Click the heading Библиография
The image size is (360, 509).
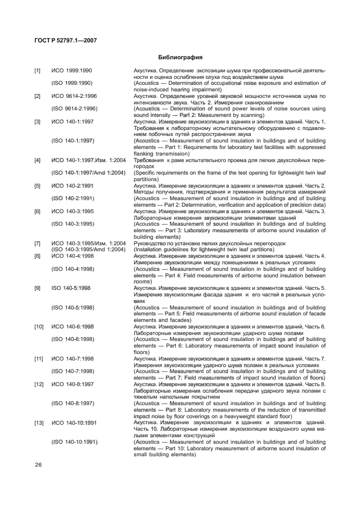180,57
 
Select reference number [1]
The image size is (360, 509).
38,71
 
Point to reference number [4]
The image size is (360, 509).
38,160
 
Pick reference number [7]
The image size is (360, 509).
38,243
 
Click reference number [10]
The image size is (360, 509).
39,326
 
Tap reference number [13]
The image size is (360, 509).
39,422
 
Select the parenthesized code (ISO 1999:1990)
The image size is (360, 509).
72,83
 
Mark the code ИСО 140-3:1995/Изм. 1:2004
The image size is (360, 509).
89,243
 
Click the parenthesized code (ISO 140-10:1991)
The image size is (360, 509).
75,442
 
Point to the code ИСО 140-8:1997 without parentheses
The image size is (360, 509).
73,384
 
